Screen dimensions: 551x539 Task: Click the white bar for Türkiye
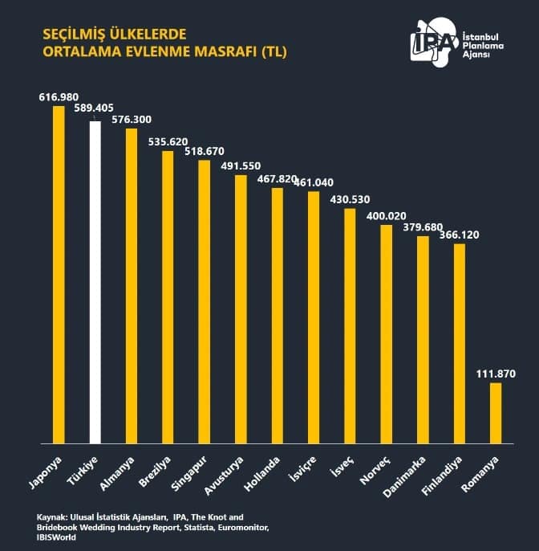95,281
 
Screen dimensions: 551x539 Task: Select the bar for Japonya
59,274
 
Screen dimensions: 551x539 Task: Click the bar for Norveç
386,333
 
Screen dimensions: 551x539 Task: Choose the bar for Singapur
204,301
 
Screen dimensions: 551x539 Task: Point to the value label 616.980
59,96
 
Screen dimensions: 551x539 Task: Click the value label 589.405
95,108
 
